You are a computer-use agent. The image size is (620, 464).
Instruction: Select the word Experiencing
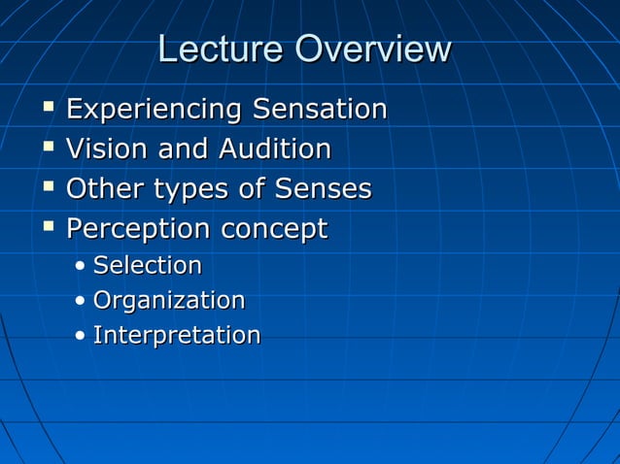[x=155, y=110]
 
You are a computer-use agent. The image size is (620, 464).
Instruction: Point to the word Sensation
[x=320, y=110]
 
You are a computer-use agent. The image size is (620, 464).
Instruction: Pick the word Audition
[x=275, y=149]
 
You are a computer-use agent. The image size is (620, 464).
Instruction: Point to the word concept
[x=274, y=231]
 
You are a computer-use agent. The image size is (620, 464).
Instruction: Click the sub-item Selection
[x=148, y=265]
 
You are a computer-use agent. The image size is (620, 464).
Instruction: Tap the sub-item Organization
[x=169, y=301]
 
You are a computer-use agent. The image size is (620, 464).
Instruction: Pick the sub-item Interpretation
[x=177, y=336]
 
